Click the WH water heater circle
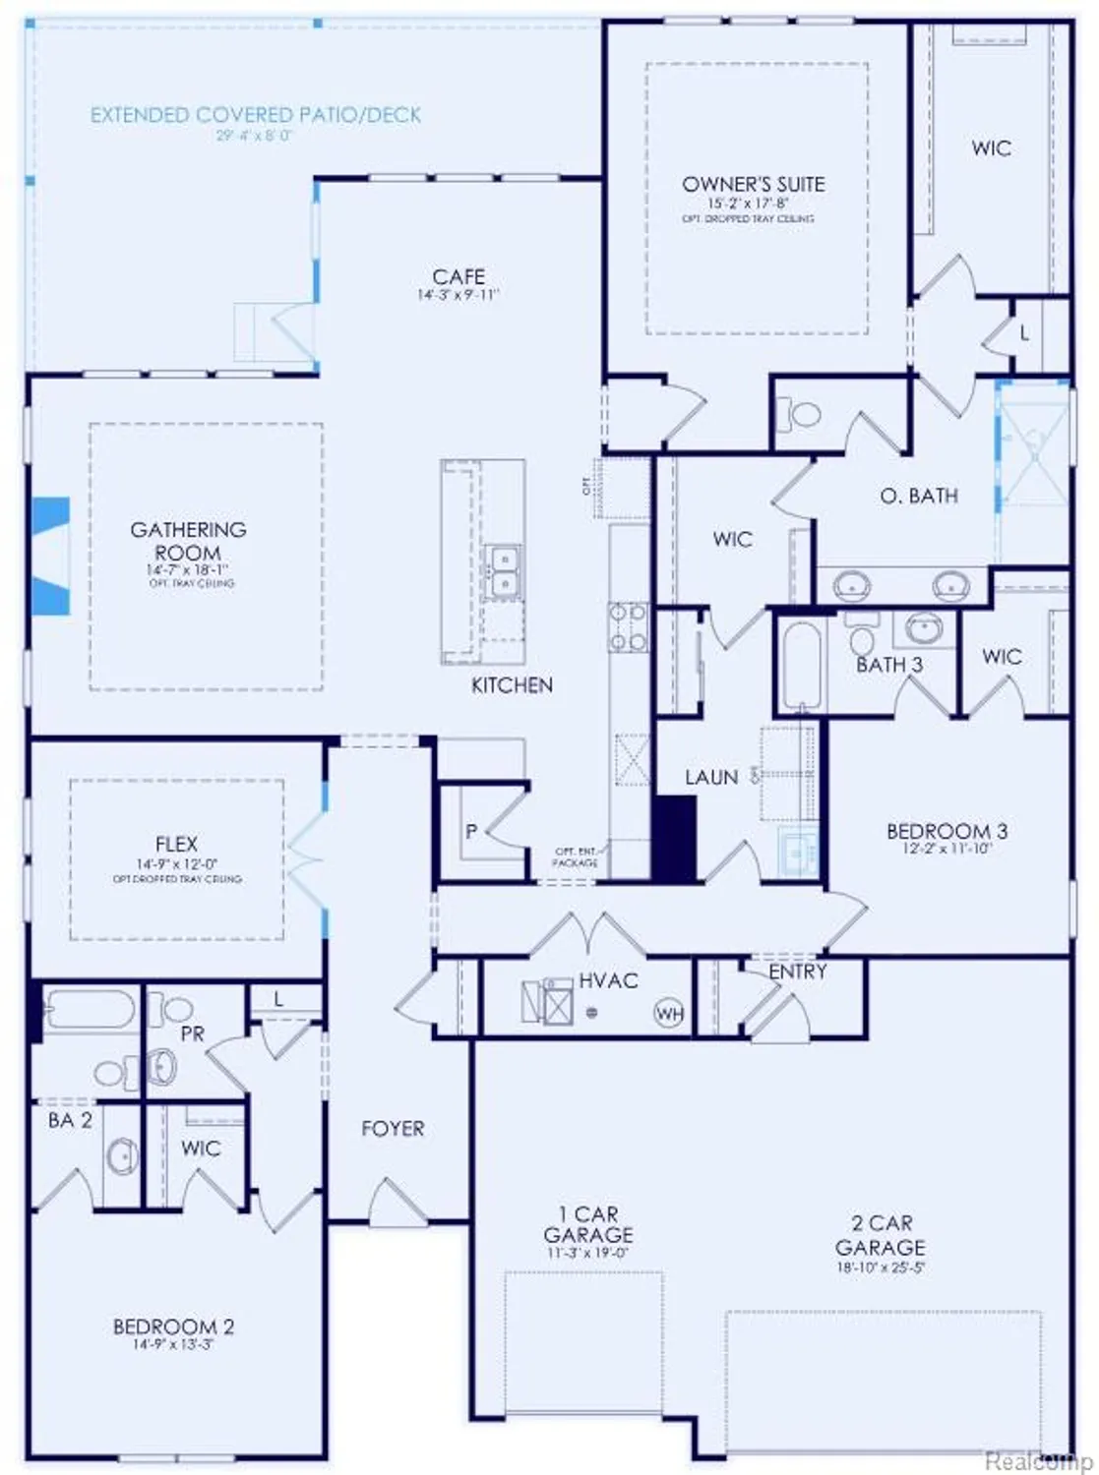tap(670, 1014)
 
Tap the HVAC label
tap(608, 980)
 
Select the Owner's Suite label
tap(754, 184)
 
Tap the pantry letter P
tap(471, 832)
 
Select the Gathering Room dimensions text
tap(188, 570)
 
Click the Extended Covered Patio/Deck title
tap(256, 115)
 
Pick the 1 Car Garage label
tap(588, 1224)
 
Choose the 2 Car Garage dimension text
tap(881, 1268)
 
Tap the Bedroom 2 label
tap(174, 1327)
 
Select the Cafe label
tap(458, 276)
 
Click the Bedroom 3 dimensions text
tap(946, 848)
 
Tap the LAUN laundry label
tap(711, 777)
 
